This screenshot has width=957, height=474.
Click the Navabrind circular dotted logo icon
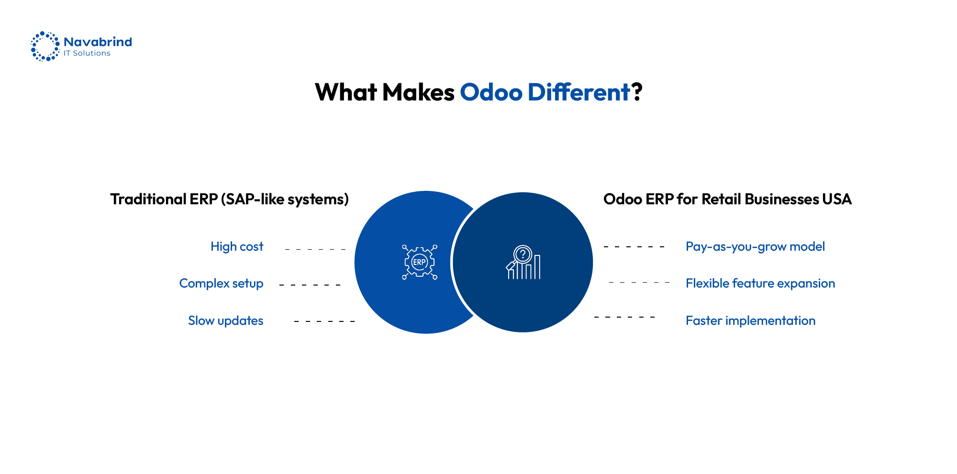(45, 46)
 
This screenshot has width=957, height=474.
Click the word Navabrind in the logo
(98, 42)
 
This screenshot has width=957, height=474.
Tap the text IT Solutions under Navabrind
(87, 54)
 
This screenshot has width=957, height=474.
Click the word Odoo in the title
(491, 92)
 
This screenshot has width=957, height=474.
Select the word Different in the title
(579, 92)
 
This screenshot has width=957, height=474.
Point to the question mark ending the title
(637, 92)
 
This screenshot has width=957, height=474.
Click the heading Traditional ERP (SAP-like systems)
(229, 199)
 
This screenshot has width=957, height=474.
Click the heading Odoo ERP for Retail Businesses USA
(727, 199)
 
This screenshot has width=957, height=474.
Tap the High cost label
(237, 246)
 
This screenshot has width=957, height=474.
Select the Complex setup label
(221, 283)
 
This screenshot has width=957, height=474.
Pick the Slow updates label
(225, 320)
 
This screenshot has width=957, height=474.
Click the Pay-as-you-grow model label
(755, 246)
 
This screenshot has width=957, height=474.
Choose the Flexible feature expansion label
(760, 283)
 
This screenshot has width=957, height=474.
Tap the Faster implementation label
(750, 320)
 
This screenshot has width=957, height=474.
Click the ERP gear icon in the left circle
(420, 262)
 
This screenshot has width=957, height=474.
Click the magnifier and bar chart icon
(523, 263)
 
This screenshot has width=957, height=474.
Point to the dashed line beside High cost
(315, 249)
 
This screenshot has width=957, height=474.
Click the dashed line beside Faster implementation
(624, 317)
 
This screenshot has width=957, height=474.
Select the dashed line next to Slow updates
(324, 321)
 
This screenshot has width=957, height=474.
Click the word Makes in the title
(418, 92)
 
